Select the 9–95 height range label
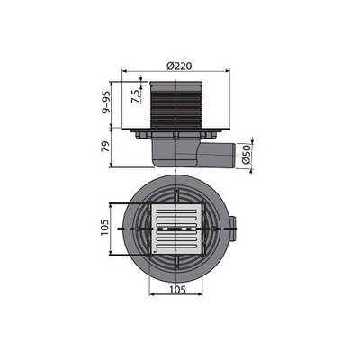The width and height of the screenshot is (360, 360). (x=107, y=105)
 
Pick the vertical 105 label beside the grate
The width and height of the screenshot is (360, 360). (x=105, y=230)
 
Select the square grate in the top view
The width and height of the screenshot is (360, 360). (x=176, y=230)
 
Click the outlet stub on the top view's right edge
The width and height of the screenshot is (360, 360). (x=236, y=231)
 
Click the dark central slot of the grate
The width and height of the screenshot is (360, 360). (x=176, y=231)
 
